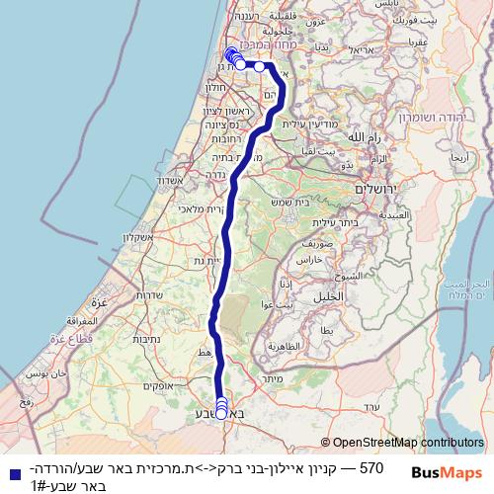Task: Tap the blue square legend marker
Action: click(x=9, y=474)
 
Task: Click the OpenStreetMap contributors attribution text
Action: click(x=407, y=443)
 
